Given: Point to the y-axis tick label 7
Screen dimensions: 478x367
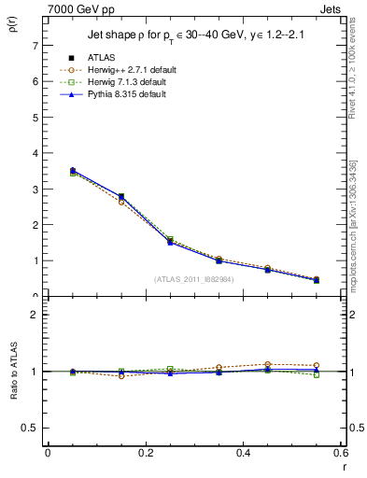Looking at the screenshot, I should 35,45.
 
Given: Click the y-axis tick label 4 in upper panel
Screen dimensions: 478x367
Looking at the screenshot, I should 35,153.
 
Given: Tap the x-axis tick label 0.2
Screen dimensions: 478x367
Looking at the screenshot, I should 146,453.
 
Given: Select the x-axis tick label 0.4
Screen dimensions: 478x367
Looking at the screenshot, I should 244,453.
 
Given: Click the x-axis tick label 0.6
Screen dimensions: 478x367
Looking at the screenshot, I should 340,453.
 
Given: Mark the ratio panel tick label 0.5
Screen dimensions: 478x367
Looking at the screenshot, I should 30,428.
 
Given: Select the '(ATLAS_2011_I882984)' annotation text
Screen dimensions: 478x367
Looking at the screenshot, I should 195,279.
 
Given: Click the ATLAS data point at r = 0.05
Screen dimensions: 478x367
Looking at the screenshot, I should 72,171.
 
